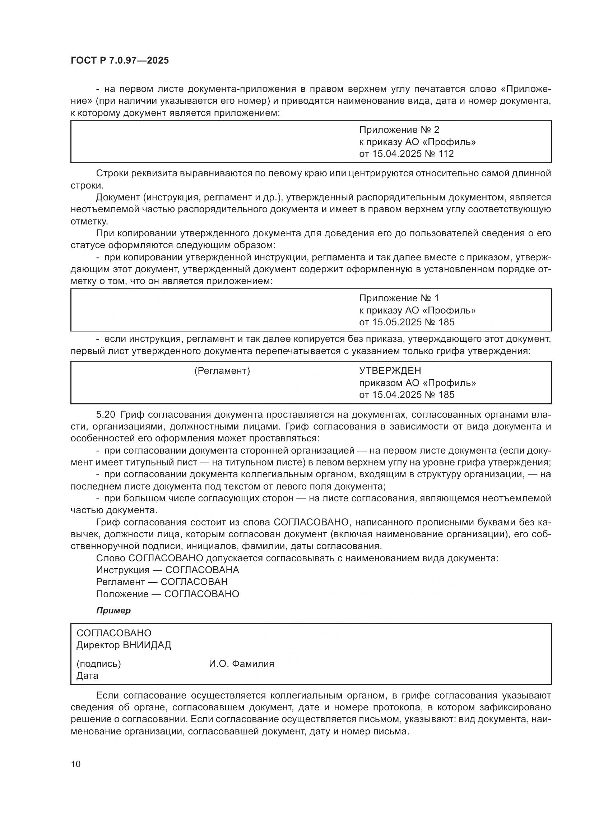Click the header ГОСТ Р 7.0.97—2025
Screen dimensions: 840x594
click(120, 61)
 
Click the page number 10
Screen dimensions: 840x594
click(76, 764)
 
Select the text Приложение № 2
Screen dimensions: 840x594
click(399, 130)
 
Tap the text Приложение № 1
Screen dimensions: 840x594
click(399, 298)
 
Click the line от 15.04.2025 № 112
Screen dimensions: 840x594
click(407, 154)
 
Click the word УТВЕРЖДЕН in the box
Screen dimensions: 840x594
click(390, 371)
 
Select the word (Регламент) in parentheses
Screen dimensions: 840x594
click(222, 371)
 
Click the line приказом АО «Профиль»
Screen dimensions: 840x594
click(417, 383)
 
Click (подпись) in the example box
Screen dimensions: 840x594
click(98, 664)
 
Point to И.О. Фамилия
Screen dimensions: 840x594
click(241, 664)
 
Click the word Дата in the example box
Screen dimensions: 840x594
click(87, 676)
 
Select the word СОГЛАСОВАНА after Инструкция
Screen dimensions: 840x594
click(202, 570)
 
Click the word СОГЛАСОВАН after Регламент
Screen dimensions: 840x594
click(194, 582)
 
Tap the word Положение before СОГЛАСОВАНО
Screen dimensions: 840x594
click(122, 594)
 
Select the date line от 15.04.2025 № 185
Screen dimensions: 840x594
click(407, 395)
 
